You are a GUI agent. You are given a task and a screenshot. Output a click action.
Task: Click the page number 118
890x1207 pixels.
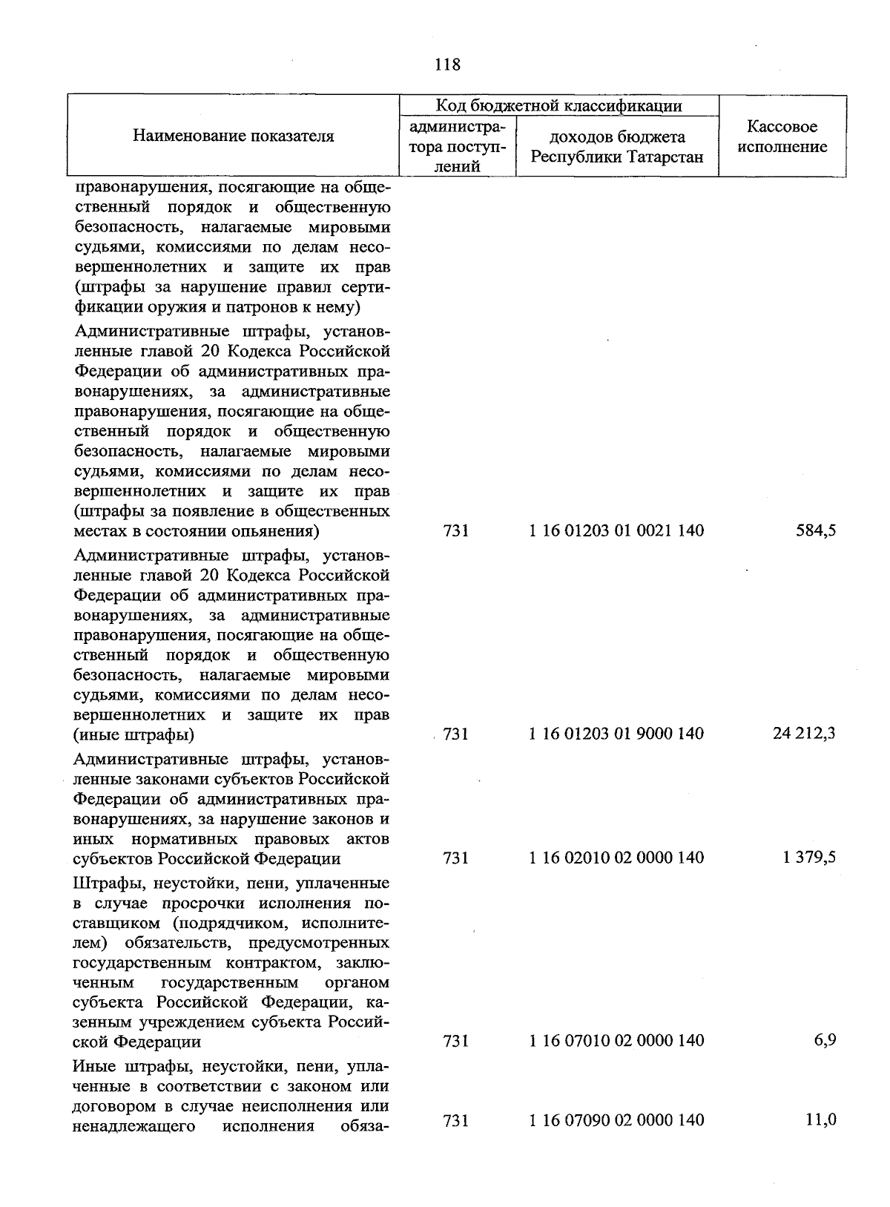pyautogui.click(x=447, y=65)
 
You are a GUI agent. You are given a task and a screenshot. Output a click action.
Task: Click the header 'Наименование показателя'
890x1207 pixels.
pyautogui.click(x=234, y=136)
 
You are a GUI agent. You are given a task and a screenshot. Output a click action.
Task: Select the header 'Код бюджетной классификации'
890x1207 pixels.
pyautogui.click(x=558, y=106)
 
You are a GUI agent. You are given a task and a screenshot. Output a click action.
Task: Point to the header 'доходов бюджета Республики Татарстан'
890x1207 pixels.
pyautogui.click(x=617, y=147)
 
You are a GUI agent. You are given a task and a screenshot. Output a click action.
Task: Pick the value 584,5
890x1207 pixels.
pyautogui.click(x=816, y=531)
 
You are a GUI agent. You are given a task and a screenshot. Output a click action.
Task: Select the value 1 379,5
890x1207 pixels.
pyautogui.click(x=809, y=858)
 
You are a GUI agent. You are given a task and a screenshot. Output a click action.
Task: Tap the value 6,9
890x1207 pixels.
pyautogui.click(x=825, y=1041)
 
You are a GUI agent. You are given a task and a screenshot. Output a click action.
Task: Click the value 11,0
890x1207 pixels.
pyautogui.click(x=821, y=1119)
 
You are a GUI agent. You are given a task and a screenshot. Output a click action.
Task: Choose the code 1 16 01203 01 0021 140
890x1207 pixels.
pyautogui.click(x=616, y=531)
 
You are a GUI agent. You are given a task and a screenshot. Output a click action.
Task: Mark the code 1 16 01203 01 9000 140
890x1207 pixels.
pyautogui.click(x=616, y=734)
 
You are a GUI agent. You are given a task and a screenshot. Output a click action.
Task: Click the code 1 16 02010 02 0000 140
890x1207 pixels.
pyautogui.click(x=616, y=858)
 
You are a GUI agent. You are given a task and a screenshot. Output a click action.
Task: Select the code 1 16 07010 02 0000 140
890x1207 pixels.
pyautogui.click(x=616, y=1041)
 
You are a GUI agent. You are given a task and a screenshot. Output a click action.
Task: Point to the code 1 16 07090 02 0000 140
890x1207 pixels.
pyautogui.click(x=616, y=1119)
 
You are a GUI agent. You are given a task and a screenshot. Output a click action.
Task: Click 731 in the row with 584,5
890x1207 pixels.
pyautogui.click(x=455, y=531)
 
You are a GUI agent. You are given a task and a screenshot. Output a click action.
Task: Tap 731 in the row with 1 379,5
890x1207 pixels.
pyautogui.click(x=455, y=858)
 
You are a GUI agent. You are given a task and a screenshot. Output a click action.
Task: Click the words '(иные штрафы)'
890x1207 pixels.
pyautogui.click(x=133, y=735)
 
